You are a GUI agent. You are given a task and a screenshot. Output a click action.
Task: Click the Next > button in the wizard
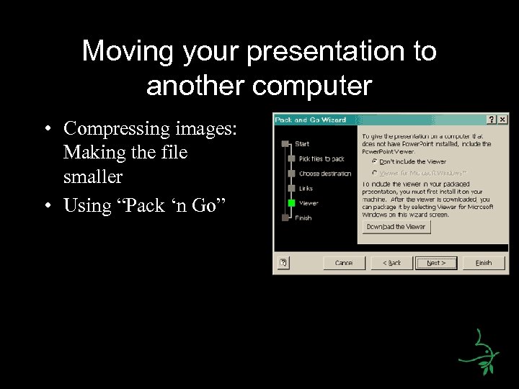pyautogui.click(x=435, y=263)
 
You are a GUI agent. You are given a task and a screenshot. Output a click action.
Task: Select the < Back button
pyautogui.click(x=391, y=263)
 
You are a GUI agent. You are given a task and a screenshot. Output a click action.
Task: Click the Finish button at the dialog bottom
pyautogui.click(x=483, y=263)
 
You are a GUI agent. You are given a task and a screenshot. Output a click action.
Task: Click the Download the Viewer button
pyautogui.click(x=396, y=227)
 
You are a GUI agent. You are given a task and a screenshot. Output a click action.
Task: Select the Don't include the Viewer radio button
pyautogui.click(x=374, y=162)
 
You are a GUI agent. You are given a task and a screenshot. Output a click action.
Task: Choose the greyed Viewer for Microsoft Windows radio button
pyautogui.click(x=374, y=173)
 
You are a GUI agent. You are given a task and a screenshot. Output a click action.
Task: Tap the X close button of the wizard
pyautogui.click(x=502, y=120)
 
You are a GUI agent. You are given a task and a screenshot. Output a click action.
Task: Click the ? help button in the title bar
pyautogui.click(x=492, y=120)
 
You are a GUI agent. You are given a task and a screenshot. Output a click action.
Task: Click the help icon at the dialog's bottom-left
pyautogui.click(x=284, y=263)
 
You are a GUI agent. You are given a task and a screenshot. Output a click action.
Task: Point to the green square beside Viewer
pyautogui.click(x=291, y=203)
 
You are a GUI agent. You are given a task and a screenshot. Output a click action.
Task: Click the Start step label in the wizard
pyautogui.click(x=302, y=144)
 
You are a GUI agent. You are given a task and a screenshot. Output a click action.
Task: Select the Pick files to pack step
pyautogui.click(x=321, y=158)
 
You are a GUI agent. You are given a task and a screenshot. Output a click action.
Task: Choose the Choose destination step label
pyautogui.click(x=325, y=174)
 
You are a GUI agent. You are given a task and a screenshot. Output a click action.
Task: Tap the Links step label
pyautogui.click(x=306, y=188)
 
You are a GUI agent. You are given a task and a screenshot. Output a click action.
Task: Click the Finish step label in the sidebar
pyautogui.click(x=303, y=218)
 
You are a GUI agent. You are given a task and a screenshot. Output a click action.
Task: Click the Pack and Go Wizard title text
pyautogui.click(x=311, y=120)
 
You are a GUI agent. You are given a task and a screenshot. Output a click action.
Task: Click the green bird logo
pyautogui.click(x=480, y=352)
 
